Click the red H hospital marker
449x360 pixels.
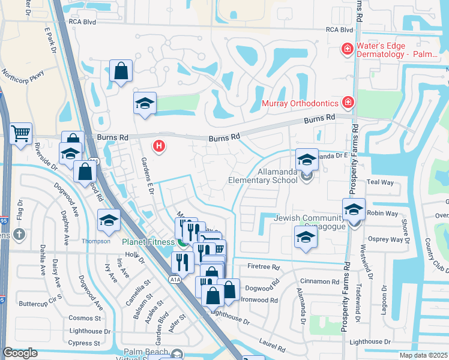[x=159, y=146]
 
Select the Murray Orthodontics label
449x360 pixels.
[x=300, y=103]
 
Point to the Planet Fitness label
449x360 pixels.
[x=149, y=242]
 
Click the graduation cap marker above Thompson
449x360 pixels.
[x=109, y=220]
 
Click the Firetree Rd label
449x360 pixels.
[x=264, y=266]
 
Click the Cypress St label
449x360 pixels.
[x=85, y=343]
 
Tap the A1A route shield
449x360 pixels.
[x=174, y=279]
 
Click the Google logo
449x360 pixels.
[x=20, y=353]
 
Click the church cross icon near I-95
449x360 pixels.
[x=20, y=234]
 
